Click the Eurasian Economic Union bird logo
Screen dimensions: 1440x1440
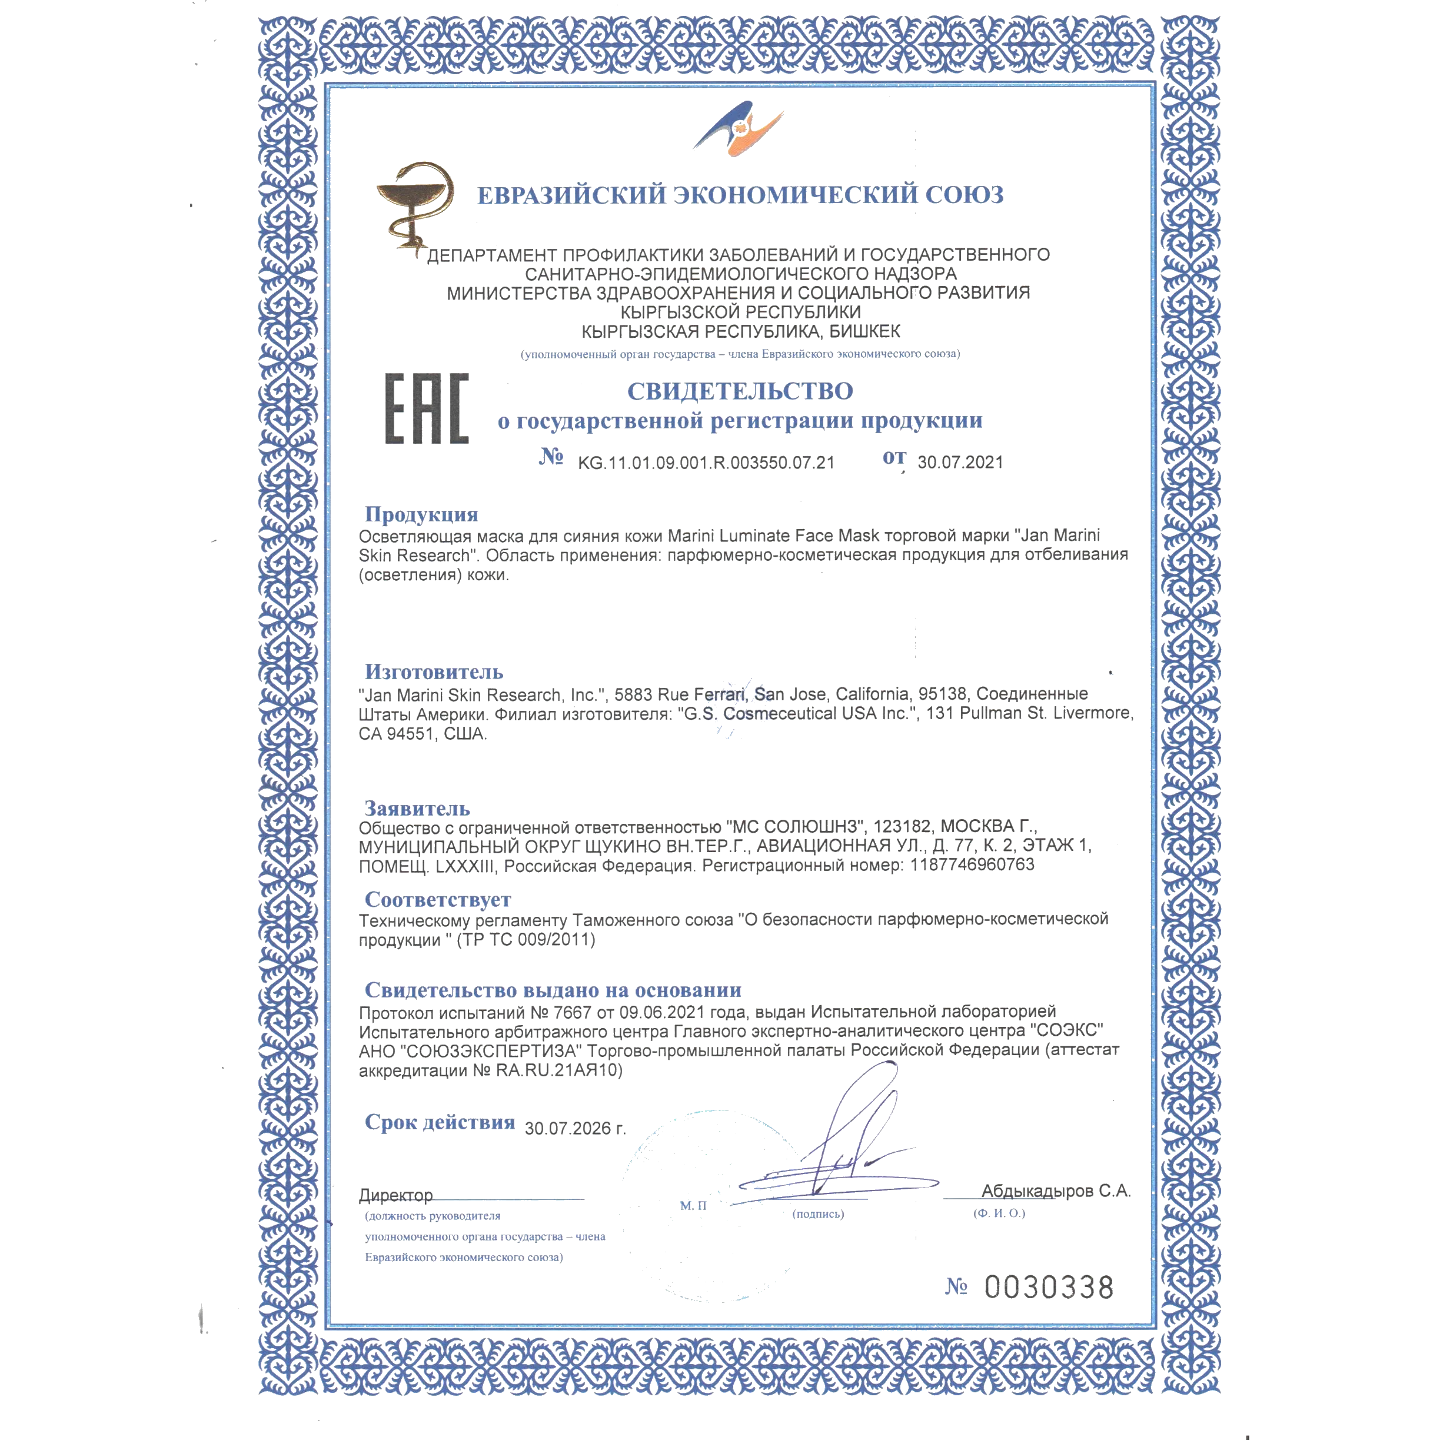tap(738, 129)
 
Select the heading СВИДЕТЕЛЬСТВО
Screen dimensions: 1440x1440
tap(740, 391)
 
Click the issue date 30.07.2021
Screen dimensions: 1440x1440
tap(960, 462)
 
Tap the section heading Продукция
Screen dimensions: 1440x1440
tap(421, 514)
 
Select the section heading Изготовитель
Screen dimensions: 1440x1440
tap(434, 672)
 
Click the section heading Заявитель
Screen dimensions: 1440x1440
tap(417, 809)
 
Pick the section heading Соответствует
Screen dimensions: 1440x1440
tap(437, 900)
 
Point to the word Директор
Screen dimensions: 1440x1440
tap(396, 1196)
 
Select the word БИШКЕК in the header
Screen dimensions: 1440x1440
tap(864, 332)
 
